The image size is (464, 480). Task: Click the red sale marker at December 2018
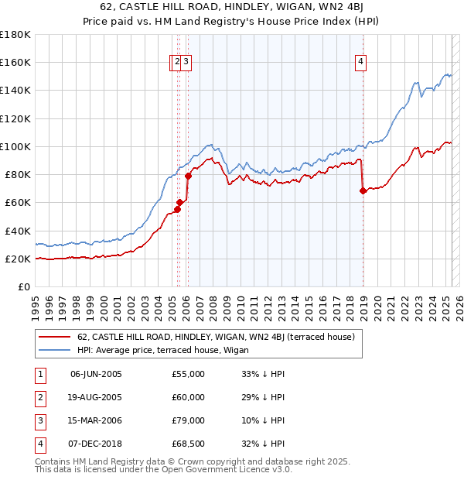tap(363, 190)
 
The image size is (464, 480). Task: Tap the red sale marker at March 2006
tap(188, 176)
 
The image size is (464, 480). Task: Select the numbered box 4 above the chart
tap(361, 63)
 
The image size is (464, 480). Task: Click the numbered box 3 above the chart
tap(187, 63)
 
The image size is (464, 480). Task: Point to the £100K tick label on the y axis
tap(15, 146)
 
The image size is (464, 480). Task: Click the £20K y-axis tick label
tap(18, 259)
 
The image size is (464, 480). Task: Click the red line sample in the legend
tap(54, 338)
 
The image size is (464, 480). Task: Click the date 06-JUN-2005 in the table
tap(96, 374)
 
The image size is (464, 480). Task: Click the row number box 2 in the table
tap(38, 397)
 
